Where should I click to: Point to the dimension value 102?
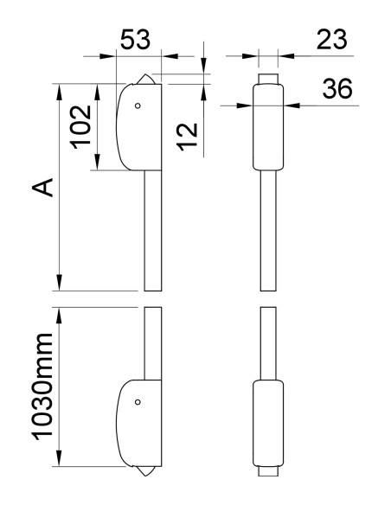tap(81, 126)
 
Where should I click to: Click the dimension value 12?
tap(191, 134)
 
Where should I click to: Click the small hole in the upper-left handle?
tap(136, 106)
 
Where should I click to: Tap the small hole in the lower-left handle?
tap(136, 401)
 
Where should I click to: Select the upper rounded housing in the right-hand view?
tap(268, 126)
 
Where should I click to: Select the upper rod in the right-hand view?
tap(269, 229)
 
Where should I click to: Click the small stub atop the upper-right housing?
tap(269, 79)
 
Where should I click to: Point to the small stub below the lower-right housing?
tap(269, 473)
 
